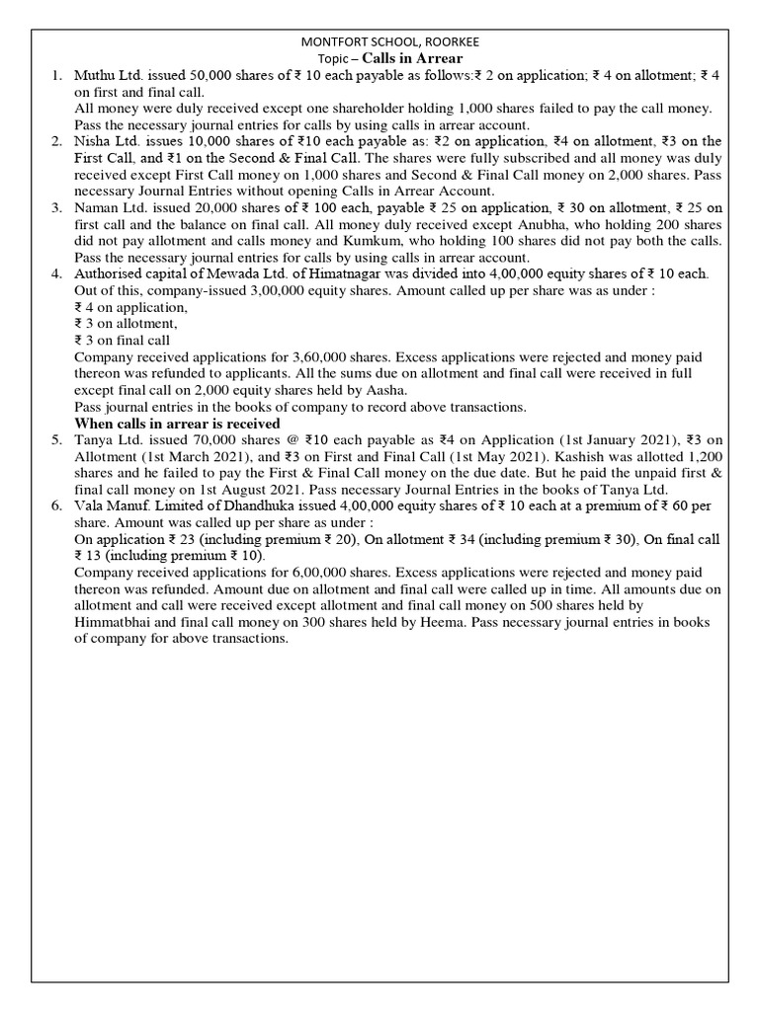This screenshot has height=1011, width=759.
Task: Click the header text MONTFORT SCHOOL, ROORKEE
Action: (x=379, y=41)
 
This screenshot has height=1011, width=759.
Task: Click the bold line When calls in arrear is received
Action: (x=178, y=424)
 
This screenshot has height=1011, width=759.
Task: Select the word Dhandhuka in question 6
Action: (x=282, y=506)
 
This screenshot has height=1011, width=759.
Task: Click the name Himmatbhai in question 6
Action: (x=123, y=623)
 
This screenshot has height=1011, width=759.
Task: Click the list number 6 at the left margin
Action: (x=58, y=506)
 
